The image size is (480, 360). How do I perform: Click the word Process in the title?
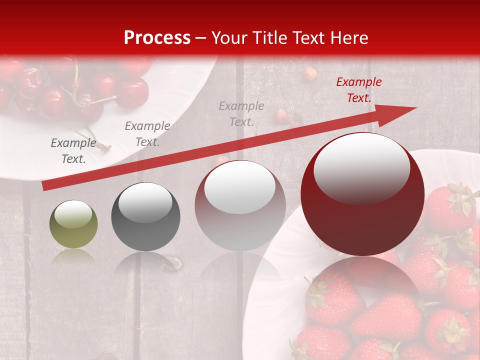[x=157, y=38]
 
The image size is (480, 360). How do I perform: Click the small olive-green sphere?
[x=73, y=224]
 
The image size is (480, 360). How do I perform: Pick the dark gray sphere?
[x=145, y=217]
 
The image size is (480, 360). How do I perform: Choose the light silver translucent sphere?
[x=240, y=205]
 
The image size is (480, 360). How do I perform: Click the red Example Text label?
[x=358, y=90]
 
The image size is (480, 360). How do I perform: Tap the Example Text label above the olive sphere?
[x=73, y=151]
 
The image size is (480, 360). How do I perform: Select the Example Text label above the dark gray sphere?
[x=147, y=134]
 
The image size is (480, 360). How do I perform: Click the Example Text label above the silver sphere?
[x=241, y=114]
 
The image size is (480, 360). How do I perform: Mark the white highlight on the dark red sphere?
[x=361, y=167]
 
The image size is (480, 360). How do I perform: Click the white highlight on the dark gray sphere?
[x=145, y=202]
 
